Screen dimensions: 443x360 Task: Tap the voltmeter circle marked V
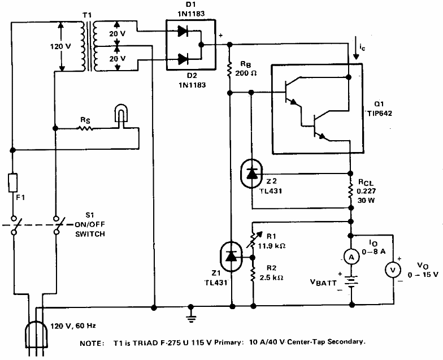(393, 270)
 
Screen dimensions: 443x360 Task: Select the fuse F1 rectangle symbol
(12, 183)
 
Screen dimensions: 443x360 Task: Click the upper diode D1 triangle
(183, 31)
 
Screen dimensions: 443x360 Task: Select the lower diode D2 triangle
(183, 59)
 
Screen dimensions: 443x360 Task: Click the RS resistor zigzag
(85, 129)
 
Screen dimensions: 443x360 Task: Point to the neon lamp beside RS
(121, 116)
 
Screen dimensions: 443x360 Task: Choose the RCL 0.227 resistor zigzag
(350, 190)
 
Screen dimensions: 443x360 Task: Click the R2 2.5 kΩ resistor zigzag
(253, 273)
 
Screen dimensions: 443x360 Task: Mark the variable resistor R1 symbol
(253, 240)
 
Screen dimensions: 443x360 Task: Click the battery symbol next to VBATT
(351, 281)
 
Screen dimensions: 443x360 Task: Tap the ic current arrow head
(356, 56)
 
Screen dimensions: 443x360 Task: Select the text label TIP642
(380, 113)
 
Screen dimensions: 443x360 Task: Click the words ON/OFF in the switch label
(89, 225)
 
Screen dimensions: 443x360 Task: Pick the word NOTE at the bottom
(92, 344)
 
